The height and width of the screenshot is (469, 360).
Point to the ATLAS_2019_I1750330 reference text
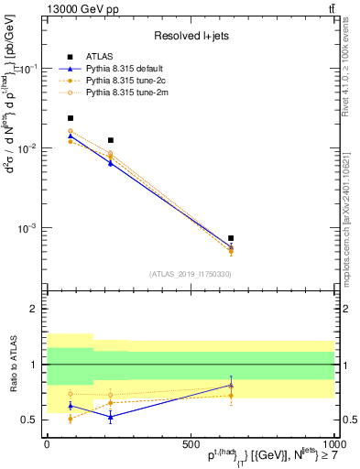[190, 274]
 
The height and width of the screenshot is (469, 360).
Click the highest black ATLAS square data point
[71, 118]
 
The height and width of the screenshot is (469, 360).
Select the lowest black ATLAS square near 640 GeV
[231, 238]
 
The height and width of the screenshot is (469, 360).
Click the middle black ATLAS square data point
[111, 140]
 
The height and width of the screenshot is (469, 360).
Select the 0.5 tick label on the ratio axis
[29, 420]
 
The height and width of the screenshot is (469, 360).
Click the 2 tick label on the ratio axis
[36, 310]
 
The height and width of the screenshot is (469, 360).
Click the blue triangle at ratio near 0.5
[111, 417]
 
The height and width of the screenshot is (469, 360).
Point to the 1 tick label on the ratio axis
[36, 365]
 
